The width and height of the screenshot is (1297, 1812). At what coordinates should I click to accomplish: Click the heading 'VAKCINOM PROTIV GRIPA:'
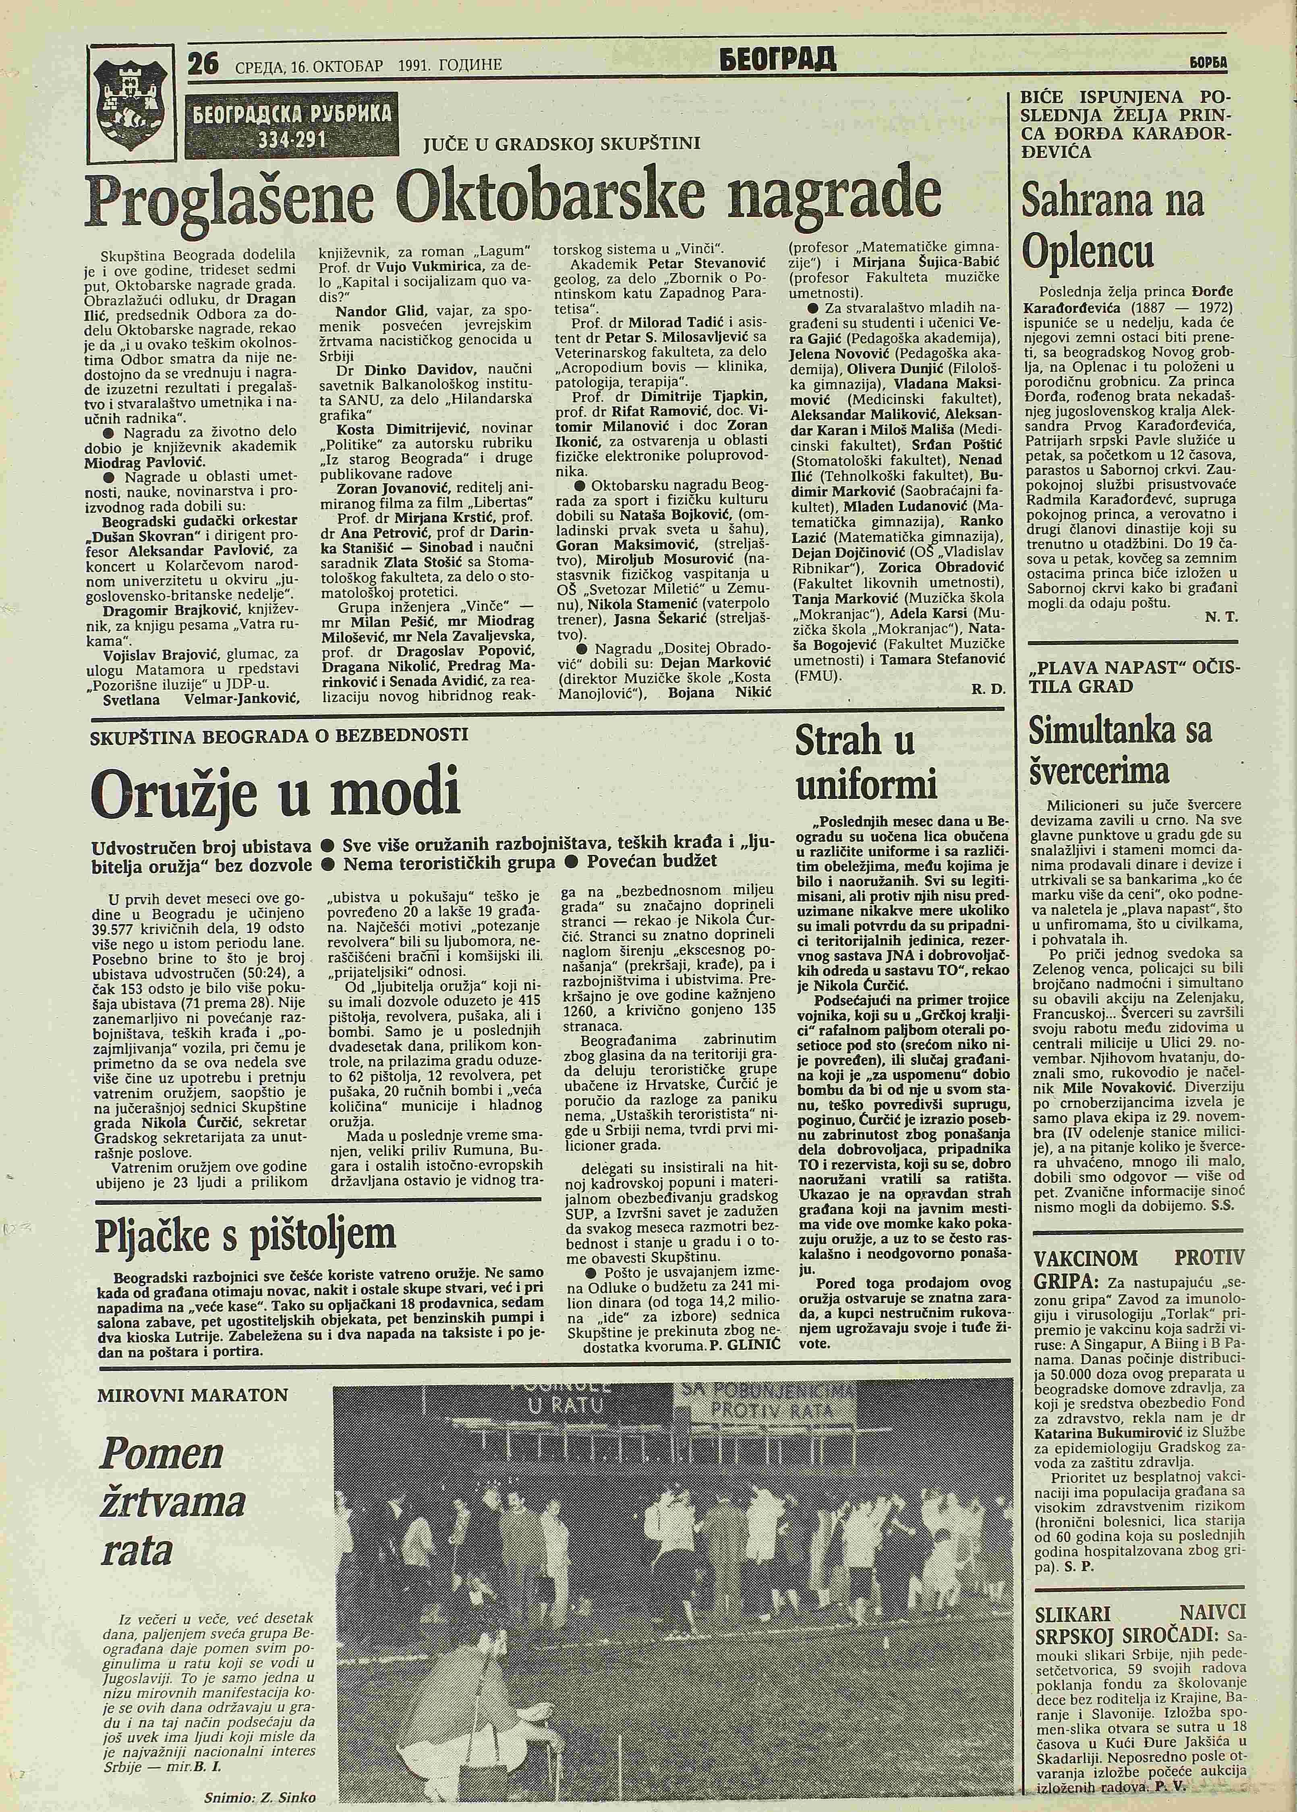(x=1138, y=1270)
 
